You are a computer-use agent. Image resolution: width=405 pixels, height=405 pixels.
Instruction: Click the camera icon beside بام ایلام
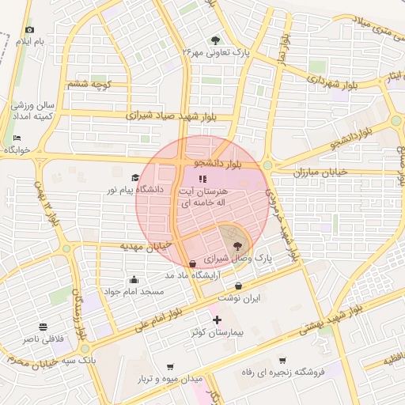coord(30,29)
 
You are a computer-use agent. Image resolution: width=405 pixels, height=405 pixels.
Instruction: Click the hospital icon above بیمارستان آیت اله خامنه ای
coord(200,179)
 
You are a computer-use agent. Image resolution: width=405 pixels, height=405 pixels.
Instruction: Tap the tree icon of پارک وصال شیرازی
coord(237,247)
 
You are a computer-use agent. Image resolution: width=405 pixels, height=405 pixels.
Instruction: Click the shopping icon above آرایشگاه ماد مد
coord(193,263)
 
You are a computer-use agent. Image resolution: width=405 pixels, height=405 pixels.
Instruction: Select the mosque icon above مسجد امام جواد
coord(133,279)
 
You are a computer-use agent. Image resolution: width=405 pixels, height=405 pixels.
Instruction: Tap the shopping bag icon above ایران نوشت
coord(239,286)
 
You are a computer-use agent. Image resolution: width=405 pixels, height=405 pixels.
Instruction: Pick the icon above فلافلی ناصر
coord(43,326)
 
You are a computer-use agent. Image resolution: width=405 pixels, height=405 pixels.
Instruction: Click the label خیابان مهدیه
coord(147,246)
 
